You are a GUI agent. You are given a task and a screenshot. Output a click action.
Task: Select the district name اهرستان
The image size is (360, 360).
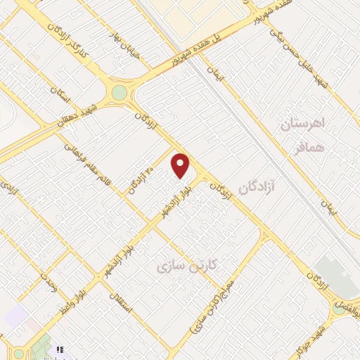(x=304, y=124)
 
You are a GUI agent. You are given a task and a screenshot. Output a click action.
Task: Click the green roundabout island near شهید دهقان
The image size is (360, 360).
(x=120, y=93)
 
